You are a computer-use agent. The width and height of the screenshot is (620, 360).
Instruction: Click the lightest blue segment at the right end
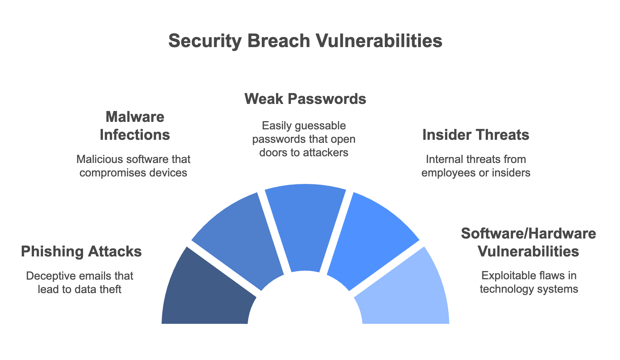pos(408,295)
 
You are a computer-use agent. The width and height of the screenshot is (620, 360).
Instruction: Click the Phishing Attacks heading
pos(81,252)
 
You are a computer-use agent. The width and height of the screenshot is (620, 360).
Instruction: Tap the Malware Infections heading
pos(135,126)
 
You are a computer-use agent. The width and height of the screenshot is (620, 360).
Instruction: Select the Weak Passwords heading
pos(305,99)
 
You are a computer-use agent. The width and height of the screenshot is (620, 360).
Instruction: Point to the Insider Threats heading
pos(476,135)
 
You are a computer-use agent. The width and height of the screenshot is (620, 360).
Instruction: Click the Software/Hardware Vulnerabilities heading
pos(528,242)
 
